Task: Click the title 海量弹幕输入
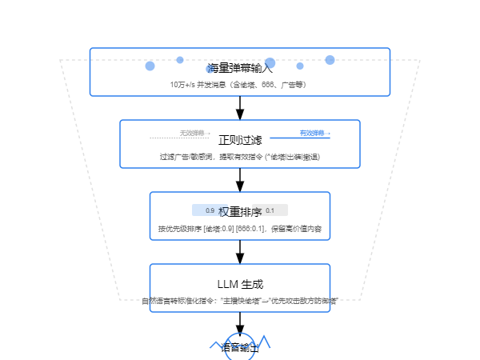240,68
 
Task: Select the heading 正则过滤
240,140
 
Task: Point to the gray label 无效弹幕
190,132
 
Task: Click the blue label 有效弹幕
314,133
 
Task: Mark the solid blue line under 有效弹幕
300,138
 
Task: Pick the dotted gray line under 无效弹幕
180,138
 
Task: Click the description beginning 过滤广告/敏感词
240,157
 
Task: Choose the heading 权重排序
240,212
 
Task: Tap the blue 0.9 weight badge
210,210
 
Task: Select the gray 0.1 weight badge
270,210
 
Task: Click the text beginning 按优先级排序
240,229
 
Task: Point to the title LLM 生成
240,284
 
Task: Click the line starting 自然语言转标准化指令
240,301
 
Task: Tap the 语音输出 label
240,348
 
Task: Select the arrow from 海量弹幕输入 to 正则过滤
240,108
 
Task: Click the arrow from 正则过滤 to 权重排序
240,180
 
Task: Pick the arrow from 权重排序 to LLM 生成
240,252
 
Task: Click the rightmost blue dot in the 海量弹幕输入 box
330,60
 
